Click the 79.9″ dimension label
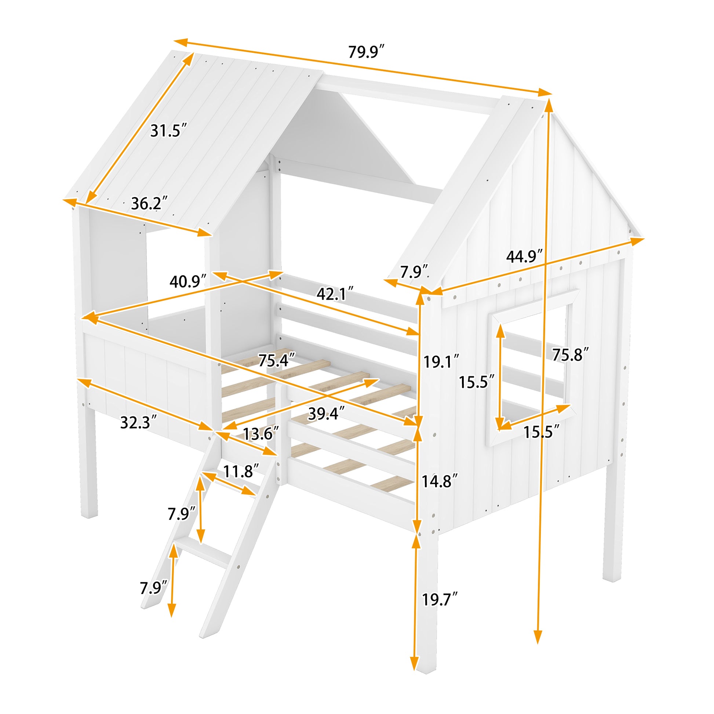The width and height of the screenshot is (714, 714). [x=366, y=52]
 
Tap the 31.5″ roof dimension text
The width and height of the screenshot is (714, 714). [x=168, y=131]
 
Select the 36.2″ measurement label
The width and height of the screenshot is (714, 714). [x=149, y=204]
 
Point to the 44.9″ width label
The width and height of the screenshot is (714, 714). [x=524, y=256]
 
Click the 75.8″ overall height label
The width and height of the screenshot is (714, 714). [x=570, y=355]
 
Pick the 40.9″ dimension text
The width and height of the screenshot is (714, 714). [x=188, y=282]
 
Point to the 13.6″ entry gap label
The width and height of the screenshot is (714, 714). [x=261, y=434]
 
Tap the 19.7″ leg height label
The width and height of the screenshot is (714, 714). [x=440, y=599]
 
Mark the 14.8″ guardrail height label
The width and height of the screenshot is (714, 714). [x=440, y=481]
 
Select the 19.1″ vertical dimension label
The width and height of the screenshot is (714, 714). [x=441, y=361]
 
